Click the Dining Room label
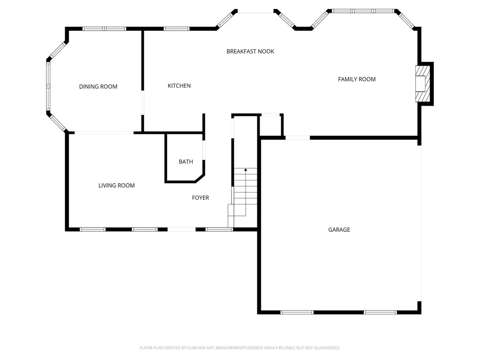tap(98, 86)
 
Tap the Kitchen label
tap(179, 86)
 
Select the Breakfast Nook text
tap(250, 51)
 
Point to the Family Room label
tap(357, 79)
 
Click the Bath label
tap(186, 162)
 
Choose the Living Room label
tap(116, 185)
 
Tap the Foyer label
tap(201, 198)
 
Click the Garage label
tap(339, 229)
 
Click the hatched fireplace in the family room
tap(423, 84)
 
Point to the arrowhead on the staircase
tap(245, 169)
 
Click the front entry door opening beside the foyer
tap(181, 229)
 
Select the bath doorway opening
tap(204, 150)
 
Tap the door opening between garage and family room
tap(298, 138)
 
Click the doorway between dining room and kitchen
tap(143, 103)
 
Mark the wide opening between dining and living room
tap(104, 132)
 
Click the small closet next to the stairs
tap(271, 125)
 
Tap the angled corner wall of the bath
tap(200, 179)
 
